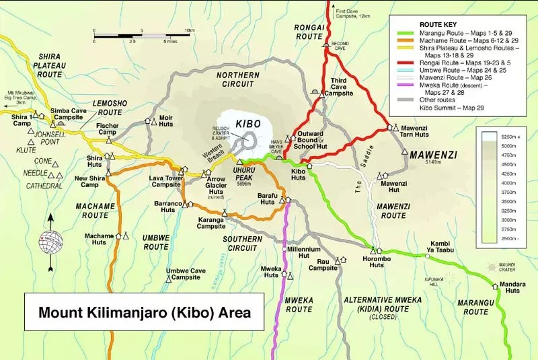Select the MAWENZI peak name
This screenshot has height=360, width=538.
[432, 154]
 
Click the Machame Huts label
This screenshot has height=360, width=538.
[99, 240]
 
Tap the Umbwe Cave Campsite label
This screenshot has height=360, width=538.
[186, 274]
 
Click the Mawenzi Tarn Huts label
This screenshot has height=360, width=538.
[415, 131]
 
